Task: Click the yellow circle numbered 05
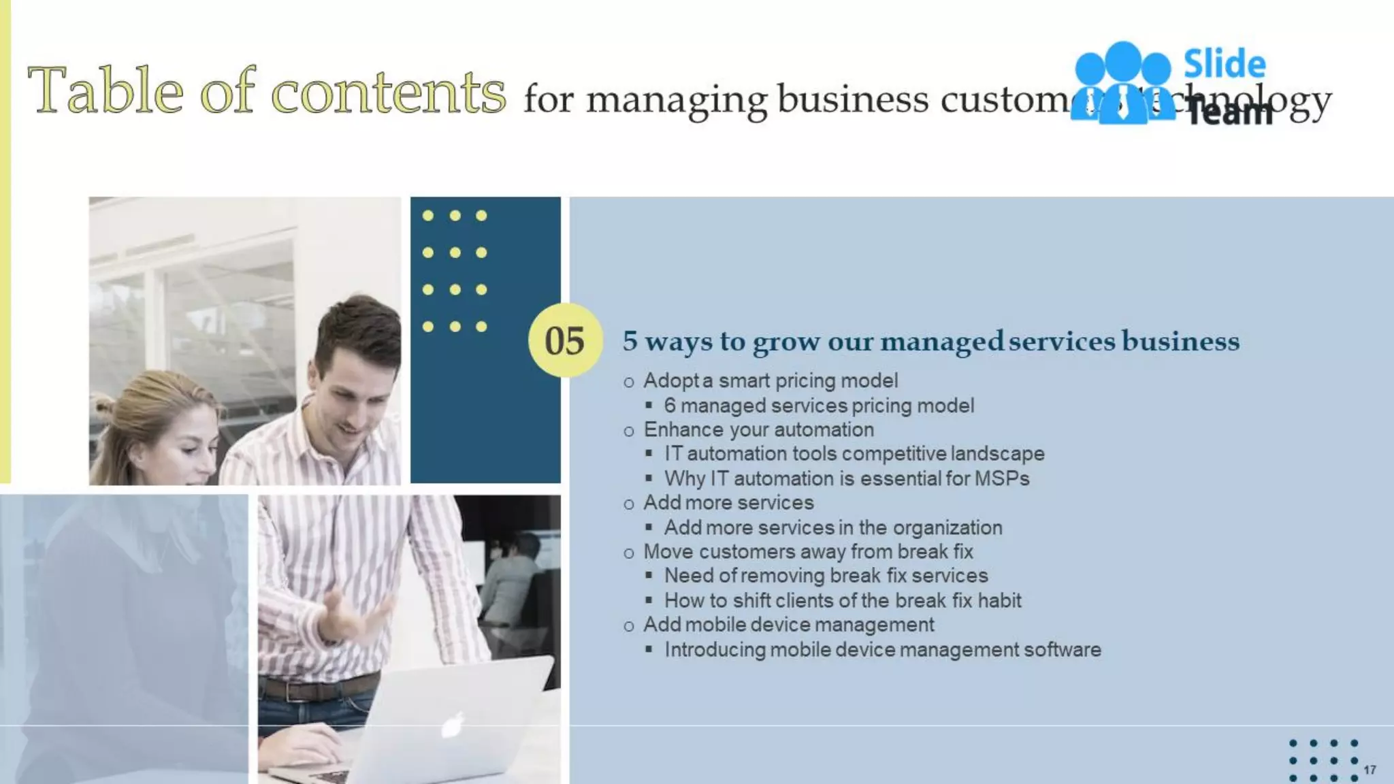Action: tap(565, 340)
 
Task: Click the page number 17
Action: tap(1369, 770)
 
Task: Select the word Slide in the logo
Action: tap(1225, 64)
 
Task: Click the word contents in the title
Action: tap(388, 91)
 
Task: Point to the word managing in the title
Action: tap(677, 100)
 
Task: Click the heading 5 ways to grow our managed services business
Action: tap(930, 341)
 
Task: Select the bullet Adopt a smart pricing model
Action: tap(770, 380)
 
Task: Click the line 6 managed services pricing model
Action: tap(819, 406)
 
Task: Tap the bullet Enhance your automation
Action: tap(758, 429)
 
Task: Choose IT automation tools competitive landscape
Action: tap(854, 453)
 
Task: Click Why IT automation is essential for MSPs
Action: tap(846, 478)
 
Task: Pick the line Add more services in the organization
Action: tap(832, 527)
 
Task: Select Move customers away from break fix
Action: tap(808, 551)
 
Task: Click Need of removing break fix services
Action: tap(826, 576)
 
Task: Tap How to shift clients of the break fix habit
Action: tap(842, 600)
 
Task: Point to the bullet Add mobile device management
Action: tap(788, 625)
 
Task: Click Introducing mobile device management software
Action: tap(882, 649)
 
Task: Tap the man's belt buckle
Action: tap(292, 691)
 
